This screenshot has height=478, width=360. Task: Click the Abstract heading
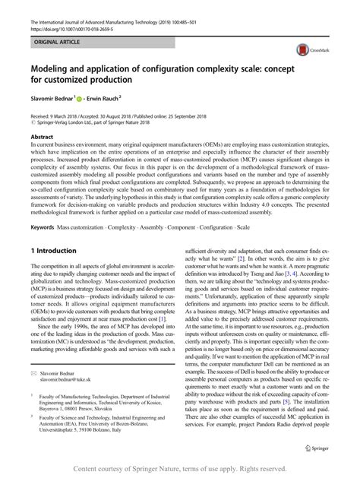[x=42, y=138]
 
